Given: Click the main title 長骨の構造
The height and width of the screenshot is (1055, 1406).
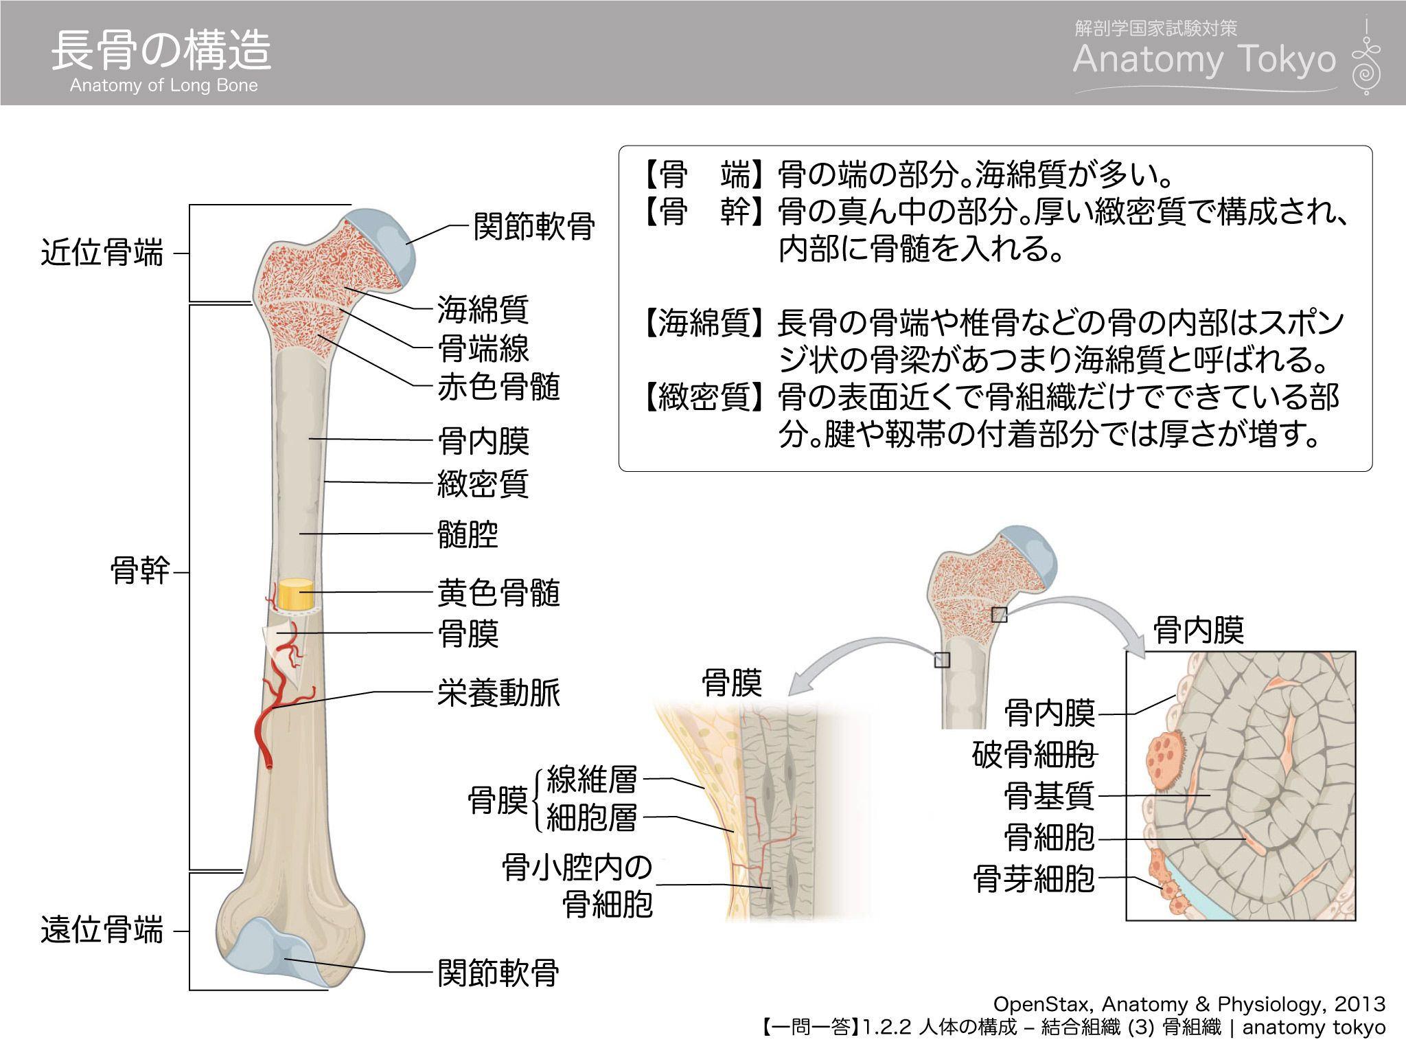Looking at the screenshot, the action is click(x=161, y=50).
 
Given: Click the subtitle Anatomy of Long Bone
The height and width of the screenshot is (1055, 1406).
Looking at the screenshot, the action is click(x=164, y=85).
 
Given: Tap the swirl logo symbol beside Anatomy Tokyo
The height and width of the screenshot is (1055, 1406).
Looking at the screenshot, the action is click(x=1365, y=58).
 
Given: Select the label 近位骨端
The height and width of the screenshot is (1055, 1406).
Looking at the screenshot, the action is click(x=102, y=253).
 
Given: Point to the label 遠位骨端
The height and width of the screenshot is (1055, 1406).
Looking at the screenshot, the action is click(x=102, y=931).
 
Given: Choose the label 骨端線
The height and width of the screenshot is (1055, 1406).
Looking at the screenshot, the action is click(x=483, y=348).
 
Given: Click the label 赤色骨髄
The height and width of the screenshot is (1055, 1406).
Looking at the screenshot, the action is click(x=498, y=387).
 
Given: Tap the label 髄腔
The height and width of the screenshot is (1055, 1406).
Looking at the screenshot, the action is click(x=468, y=534).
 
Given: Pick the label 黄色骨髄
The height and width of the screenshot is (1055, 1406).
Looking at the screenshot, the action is click(x=498, y=592).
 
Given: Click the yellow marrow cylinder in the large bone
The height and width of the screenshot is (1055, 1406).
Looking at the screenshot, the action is click(x=296, y=595).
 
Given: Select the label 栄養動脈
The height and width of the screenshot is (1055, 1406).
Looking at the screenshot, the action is click(x=498, y=692).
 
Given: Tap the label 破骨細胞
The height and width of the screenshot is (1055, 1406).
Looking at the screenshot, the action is click(x=1033, y=754).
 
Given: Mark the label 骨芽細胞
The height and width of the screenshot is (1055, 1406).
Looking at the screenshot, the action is click(x=1033, y=878).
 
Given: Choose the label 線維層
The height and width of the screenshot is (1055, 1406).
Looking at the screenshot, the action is click(x=591, y=780).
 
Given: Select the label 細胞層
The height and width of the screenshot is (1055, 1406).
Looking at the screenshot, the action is click(x=591, y=817).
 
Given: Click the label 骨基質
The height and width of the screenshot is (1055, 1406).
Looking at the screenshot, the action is click(x=1048, y=796).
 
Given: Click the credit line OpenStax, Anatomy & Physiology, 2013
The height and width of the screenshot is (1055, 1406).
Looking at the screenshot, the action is click(x=1188, y=1004).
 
